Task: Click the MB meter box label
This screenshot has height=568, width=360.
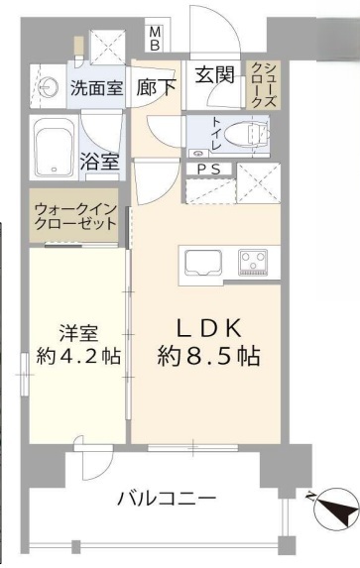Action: pyautogui.click(x=155, y=39)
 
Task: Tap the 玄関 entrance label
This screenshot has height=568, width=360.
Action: pyautogui.click(x=215, y=75)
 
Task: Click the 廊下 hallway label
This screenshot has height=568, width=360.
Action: pyautogui.click(x=156, y=87)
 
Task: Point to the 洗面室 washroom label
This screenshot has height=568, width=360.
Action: pyautogui.click(x=97, y=87)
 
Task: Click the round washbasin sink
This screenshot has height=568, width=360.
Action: pyautogui.click(x=46, y=86)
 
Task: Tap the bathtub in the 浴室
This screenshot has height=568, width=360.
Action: pyautogui.click(x=55, y=148)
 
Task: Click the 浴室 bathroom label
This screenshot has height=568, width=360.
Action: pyautogui.click(x=100, y=162)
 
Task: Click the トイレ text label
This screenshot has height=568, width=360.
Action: pyautogui.click(x=216, y=133)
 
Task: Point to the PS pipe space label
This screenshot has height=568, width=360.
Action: pyautogui.click(x=208, y=170)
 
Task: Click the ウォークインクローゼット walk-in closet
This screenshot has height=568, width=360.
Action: pyautogui.click(x=74, y=215)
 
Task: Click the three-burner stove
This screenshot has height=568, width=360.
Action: pyautogui.click(x=253, y=261)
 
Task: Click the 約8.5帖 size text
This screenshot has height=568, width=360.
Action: pyautogui.click(x=208, y=356)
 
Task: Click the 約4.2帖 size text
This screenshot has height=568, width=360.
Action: pyautogui.click(x=78, y=357)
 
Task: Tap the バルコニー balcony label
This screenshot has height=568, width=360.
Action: pyautogui.click(x=167, y=500)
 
